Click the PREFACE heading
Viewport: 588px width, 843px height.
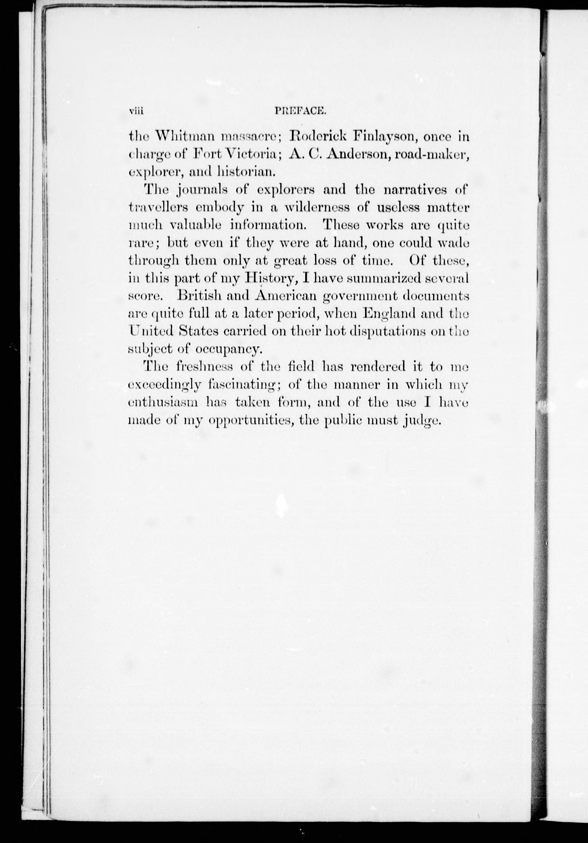(x=299, y=111)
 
